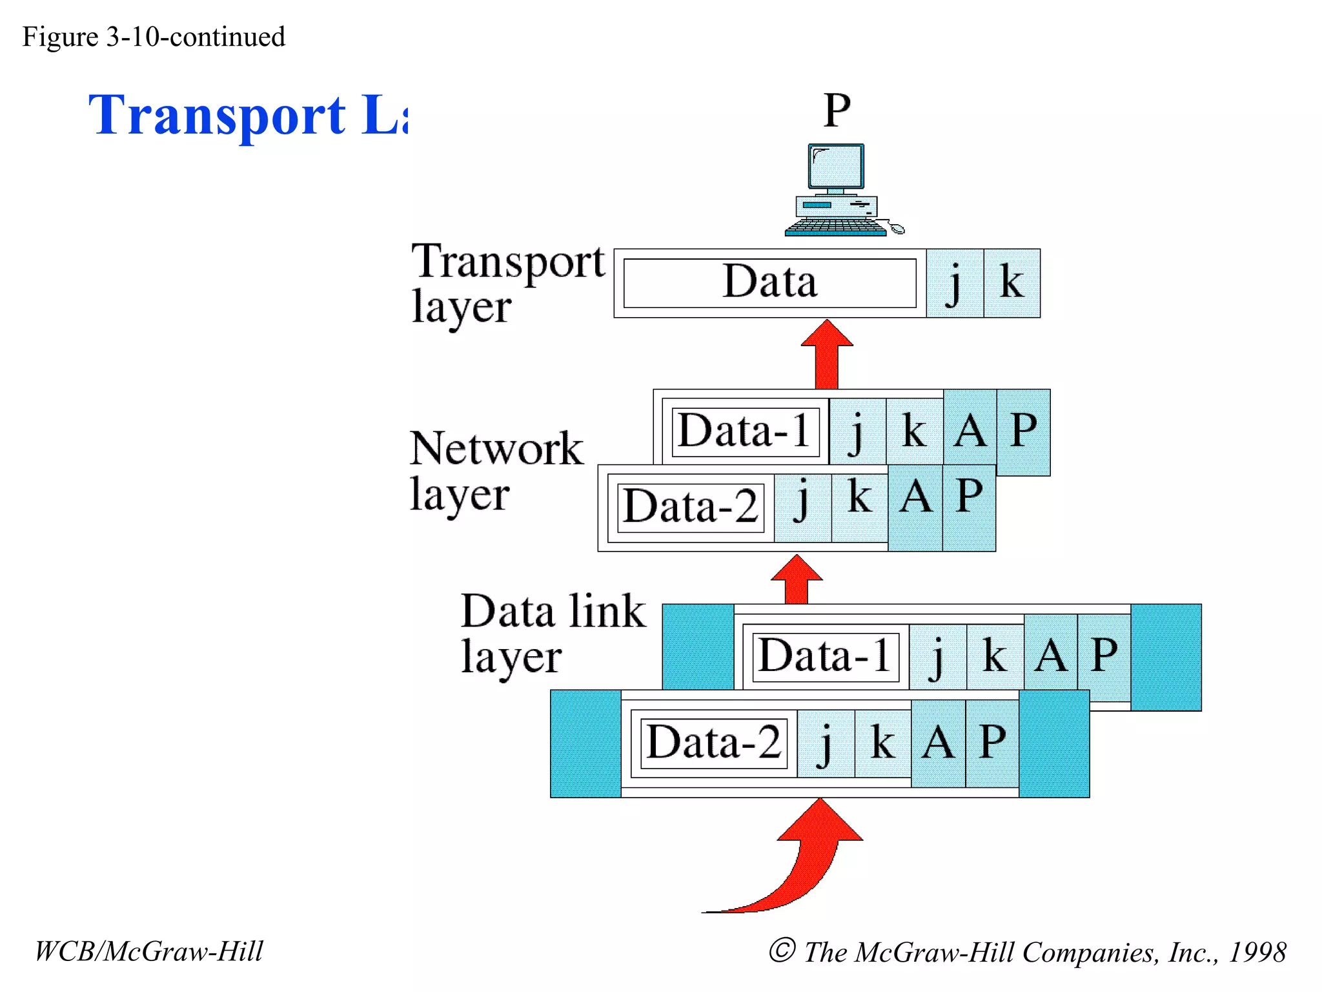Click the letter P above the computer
(x=837, y=111)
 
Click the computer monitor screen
(x=836, y=167)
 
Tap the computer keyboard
(x=835, y=227)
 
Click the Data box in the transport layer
(x=769, y=283)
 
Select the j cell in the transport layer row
(x=955, y=283)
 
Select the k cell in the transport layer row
(x=1012, y=283)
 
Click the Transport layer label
(x=508, y=284)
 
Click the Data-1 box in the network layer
(x=744, y=431)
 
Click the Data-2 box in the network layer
(x=690, y=507)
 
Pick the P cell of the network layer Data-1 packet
(x=1023, y=431)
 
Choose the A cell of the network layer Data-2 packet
(x=915, y=507)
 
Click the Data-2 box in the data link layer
(x=714, y=743)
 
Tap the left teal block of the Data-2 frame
(x=585, y=743)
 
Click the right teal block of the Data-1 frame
(x=1166, y=657)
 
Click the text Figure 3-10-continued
(x=154, y=37)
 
